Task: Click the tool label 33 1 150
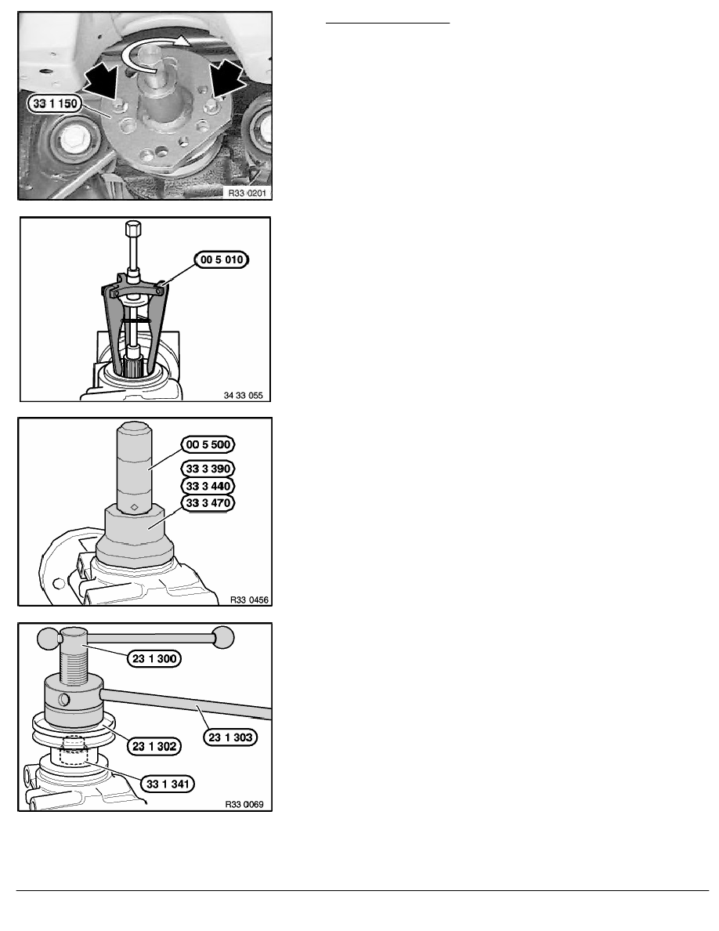click(x=55, y=103)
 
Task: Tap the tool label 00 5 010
click(x=222, y=259)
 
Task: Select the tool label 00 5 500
click(x=208, y=444)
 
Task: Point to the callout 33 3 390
click(x=208, y=469)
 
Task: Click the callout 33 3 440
click(x=208, y=487)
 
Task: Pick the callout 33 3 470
click(x=208, y=503)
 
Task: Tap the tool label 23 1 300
click(x=154, y=658)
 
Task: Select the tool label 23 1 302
click(x=154, y=746)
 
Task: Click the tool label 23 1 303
click(x=230, y=737)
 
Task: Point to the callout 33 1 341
click(x=168, y=784)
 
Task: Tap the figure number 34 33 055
click(x=244, y=396)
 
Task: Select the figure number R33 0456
click(x=249, y=600)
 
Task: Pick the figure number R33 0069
click(x=244, y=805)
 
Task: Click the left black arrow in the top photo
click(x=102, y=82)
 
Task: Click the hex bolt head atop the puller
click(x=133, y=228)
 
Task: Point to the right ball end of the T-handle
click(x=224, y=637)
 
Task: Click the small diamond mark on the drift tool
click(x=135, y=506)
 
